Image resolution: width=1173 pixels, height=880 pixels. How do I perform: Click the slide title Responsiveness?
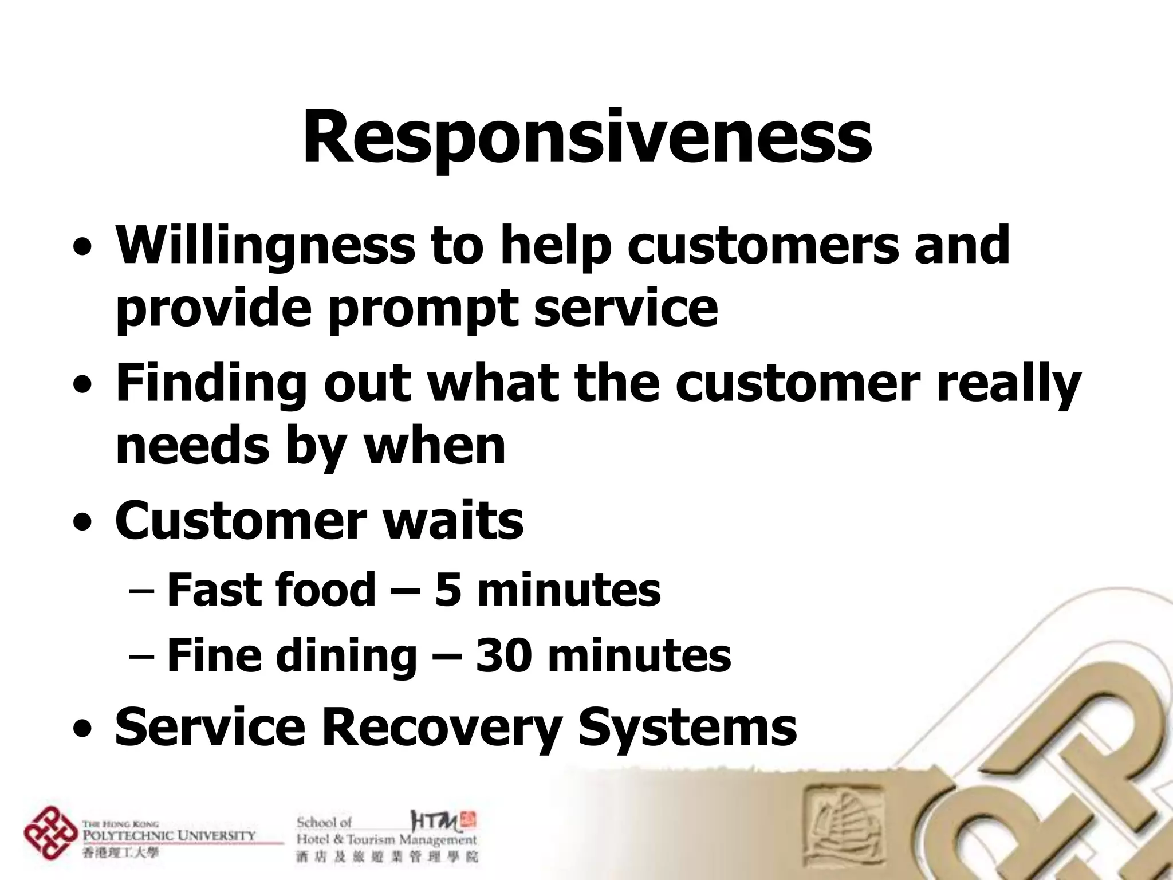(x=586, y=137)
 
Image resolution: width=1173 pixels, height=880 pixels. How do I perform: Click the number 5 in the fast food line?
(x=448, y=590)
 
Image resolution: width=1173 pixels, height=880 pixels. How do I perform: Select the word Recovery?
(x=441, y=726)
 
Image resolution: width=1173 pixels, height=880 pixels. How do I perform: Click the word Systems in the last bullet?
(x=687, y=726)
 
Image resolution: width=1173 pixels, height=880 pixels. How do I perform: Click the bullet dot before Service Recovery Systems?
(x=84, y=731)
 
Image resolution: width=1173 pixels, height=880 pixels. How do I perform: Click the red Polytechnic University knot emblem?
(x=50, y=834)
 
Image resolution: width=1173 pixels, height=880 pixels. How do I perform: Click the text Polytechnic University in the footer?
(x=170, y=835)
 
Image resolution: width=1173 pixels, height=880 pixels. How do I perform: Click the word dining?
(x=346, y=655)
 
